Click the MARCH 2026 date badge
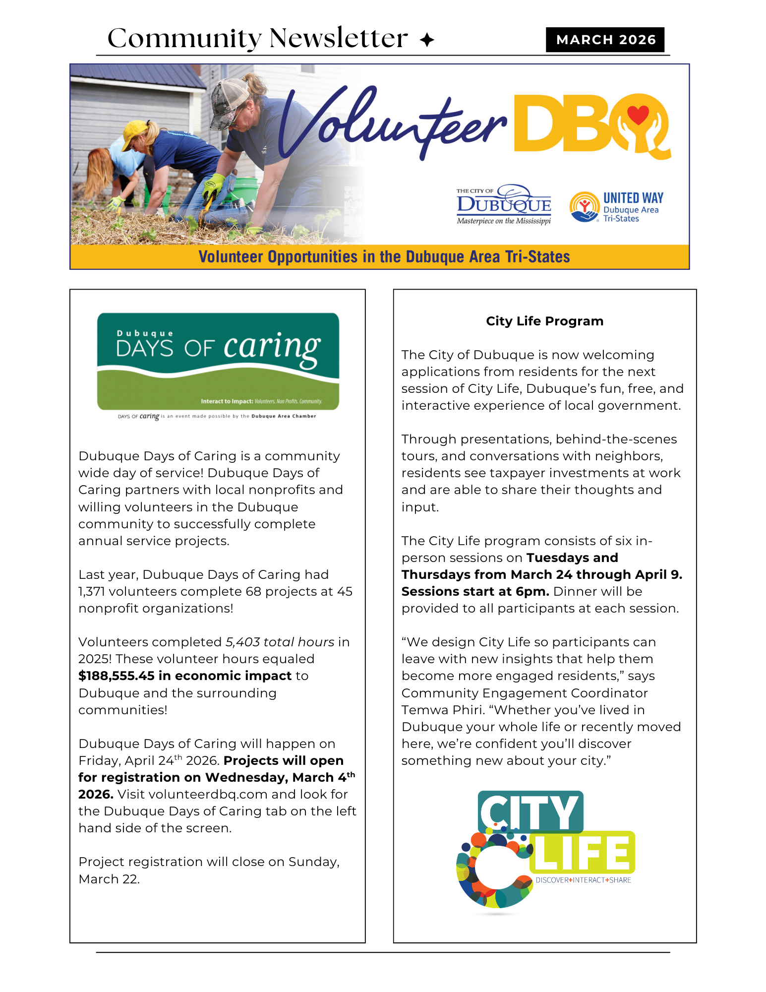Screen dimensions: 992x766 click(x=605, y=40)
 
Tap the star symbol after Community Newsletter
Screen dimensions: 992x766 click(x=426, y=40)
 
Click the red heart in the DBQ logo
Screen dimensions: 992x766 click(x=638, y=116)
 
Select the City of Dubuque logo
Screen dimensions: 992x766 click(x=503, y=204)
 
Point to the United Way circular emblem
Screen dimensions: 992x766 click(x=585, y=207)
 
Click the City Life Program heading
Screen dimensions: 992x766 click(x=544, y=321)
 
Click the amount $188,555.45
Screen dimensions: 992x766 click(x=117, y=676)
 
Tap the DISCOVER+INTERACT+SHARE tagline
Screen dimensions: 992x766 click(x=583, y=880)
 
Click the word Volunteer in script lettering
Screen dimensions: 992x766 click(x=392, y=124)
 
